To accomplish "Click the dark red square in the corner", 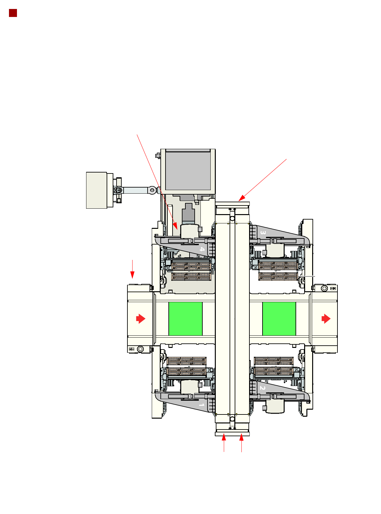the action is click(x=13, y=13).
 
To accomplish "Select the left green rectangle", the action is click(x=185, y=318).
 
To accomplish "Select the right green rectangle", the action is click(x=279, y=318).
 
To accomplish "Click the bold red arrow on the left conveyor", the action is click(x=141, y=318).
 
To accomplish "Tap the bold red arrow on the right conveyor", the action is click(x=326, y=318).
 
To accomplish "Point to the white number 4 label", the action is click(x=202, y=249).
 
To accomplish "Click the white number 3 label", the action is click(x=263, y=232).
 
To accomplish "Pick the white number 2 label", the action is click(x=262, y=388).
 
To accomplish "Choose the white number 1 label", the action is click(x=201, y=405).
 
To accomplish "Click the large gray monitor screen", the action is click(x=188, y=171).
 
